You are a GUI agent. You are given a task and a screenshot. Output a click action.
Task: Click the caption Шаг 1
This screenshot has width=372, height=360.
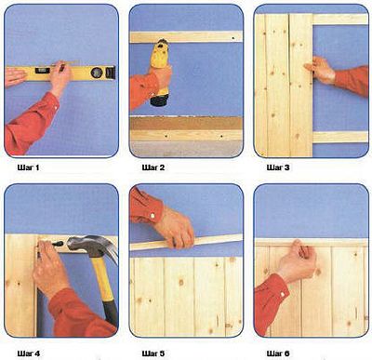pyautogui.click(x=28, y=167)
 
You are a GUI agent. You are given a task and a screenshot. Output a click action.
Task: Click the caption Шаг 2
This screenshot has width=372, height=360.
pyautogui.click(x=153, y=167)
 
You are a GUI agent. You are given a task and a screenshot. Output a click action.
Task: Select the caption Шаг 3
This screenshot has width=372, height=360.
pyautogui.click(x=278, y=167)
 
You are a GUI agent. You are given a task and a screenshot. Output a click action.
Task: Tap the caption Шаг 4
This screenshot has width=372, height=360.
pyautogui.click(x=29, y=353)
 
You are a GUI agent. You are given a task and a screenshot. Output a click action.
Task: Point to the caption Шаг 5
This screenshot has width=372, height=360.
pyautogui.click(x=153, y=353)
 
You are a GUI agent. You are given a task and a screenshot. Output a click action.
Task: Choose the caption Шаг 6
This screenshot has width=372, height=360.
pyautogui.click(x=278, y=353)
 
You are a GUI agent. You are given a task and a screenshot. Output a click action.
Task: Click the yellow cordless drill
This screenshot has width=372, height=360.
pyautogui.click(x=160, y=72)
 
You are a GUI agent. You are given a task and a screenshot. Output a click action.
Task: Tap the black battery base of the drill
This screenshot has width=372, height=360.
pyautogui.click(x=159, y=100)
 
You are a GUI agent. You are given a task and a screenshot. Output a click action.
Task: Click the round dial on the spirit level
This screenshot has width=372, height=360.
pyautogui.click(x=97, y=73)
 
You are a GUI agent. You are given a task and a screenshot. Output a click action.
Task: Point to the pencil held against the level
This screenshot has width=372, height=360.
pyautogui.click(x=66, y=65)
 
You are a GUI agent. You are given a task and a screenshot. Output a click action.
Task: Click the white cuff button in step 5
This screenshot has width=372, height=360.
pyautogui.click(x=153, y=215)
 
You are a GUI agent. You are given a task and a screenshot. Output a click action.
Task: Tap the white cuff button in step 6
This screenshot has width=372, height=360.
pyautogui.click(x=283, y=294)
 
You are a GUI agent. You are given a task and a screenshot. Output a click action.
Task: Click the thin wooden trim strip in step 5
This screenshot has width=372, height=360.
pyautogui.click(x=186, y=242)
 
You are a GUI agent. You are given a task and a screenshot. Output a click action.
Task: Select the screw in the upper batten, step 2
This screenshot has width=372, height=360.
pyautogui.click(x=233, y=38)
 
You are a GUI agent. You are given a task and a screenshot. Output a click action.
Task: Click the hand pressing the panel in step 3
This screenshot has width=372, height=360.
pyautogui.click(x=319, y=70)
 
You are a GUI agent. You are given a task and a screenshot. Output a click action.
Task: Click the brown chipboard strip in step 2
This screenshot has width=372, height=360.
pyautogui.click(x=186, y=123)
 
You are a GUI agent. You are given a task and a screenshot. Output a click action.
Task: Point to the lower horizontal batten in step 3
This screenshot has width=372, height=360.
pyautogui.click(x=340, y=137)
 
